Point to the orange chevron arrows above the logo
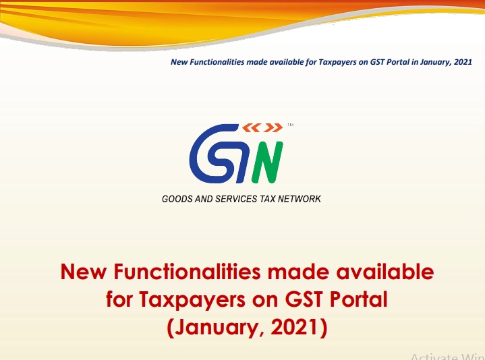click(262, 127)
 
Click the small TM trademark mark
click(290, 125)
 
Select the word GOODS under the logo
click(176, 200)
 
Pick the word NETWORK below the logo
click(301, 200)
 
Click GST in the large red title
click(304, 299)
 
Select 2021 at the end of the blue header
click(463, 61)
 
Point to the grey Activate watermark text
click(431, 355)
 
